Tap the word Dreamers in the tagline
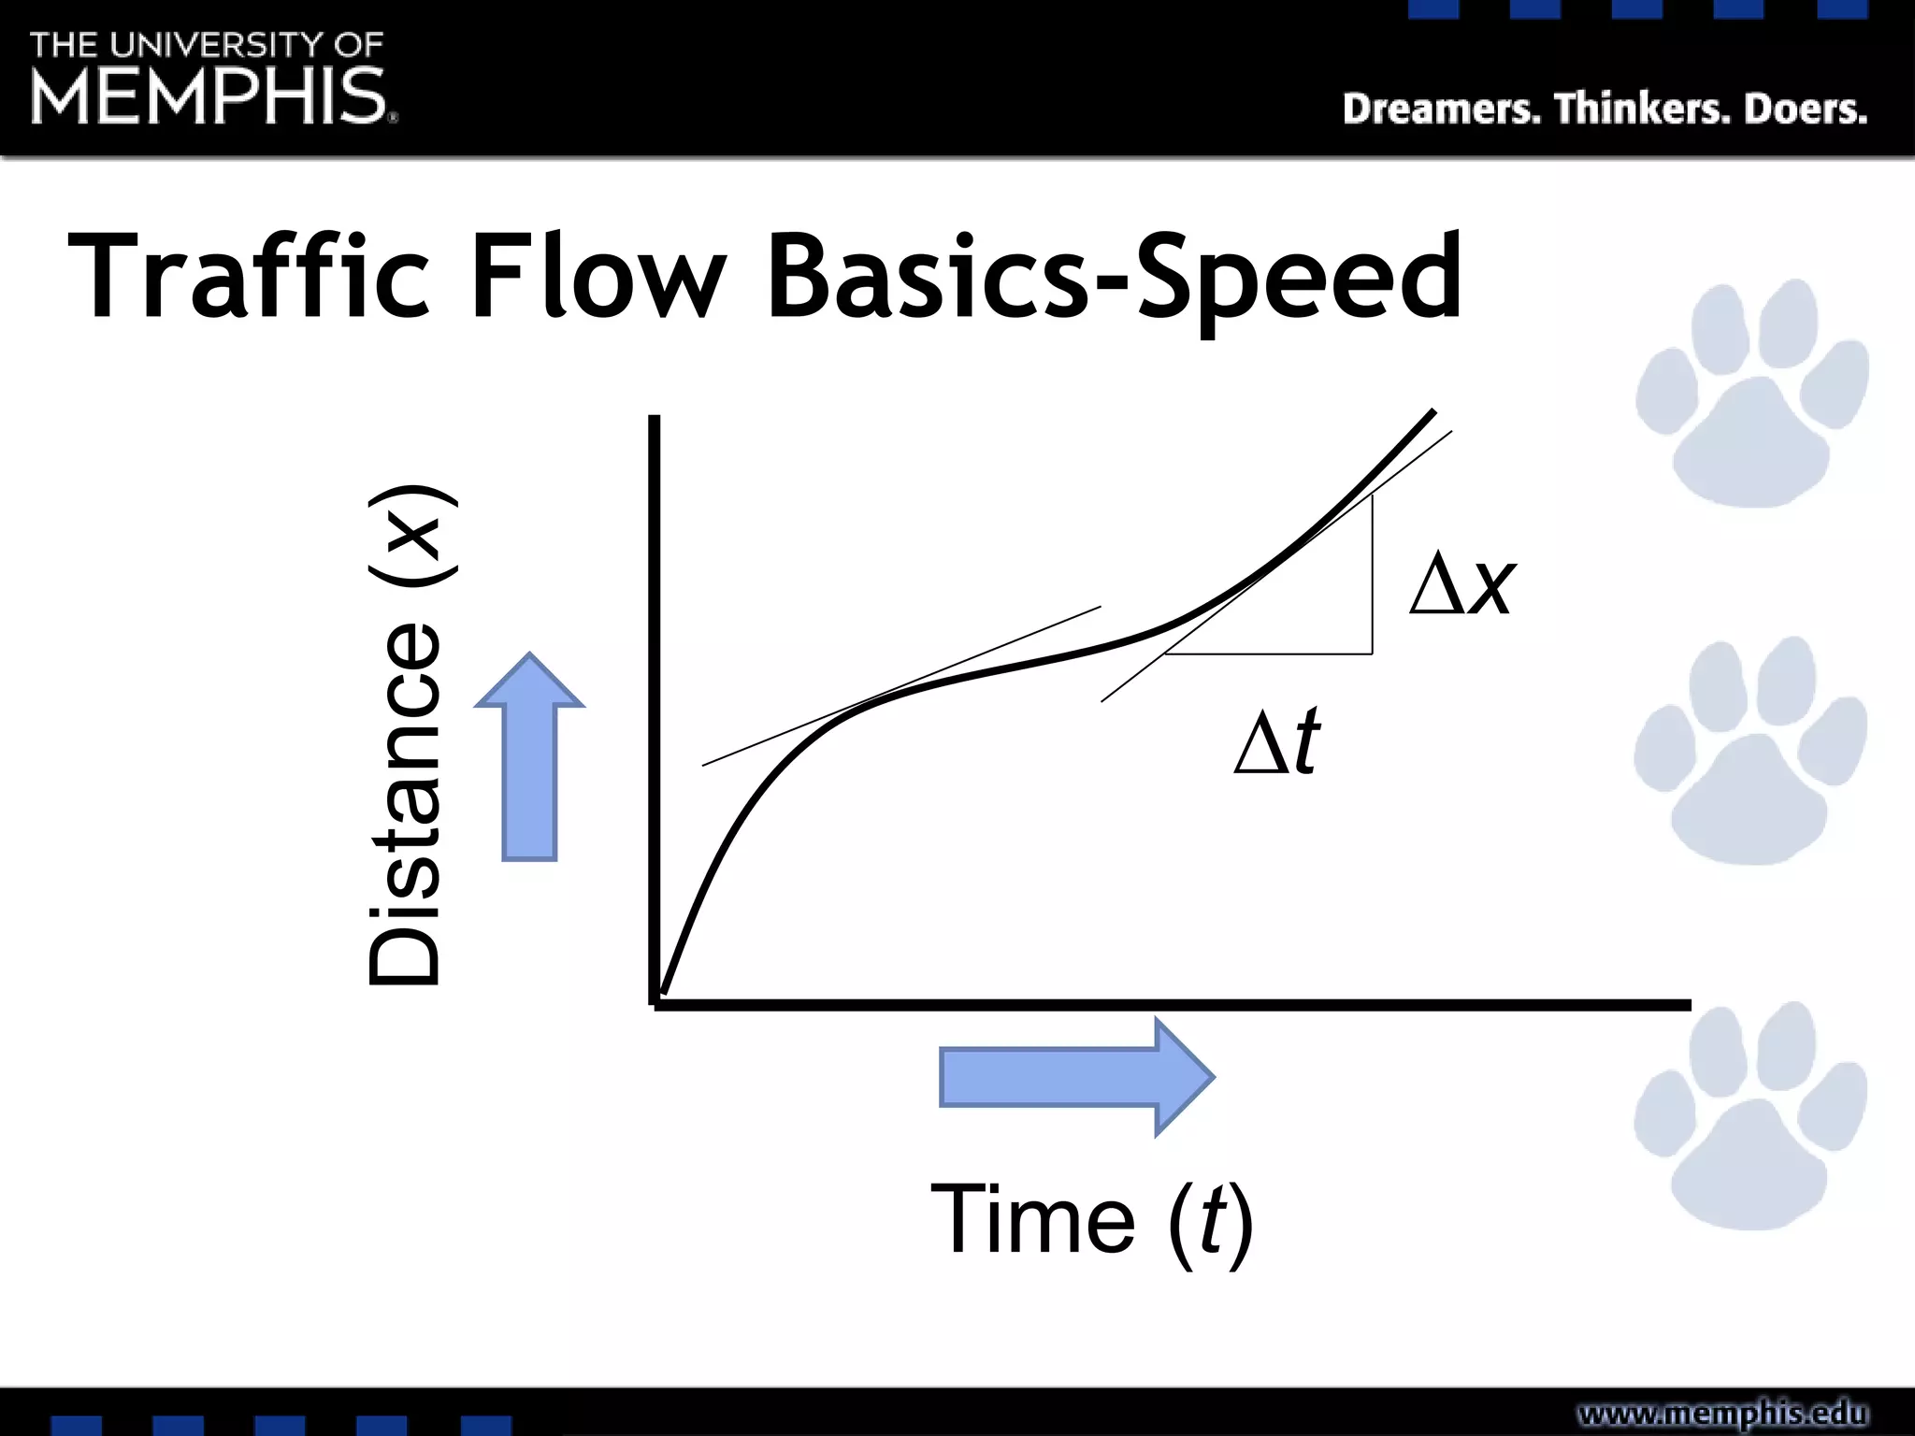tap(1441, 109)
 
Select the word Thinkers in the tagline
tap(1642, 109)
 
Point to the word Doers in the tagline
tap(1806, 109)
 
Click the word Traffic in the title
tap(249, 278)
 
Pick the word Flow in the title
tap(598, 278)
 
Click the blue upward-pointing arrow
tap(529, 757)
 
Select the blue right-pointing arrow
tap(1075, 1077)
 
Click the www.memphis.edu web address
tap(1722, 1413)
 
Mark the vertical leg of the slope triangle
tap(1372, 575)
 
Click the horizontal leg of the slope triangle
tap(1269, 653)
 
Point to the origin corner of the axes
tap(655, 1004)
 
